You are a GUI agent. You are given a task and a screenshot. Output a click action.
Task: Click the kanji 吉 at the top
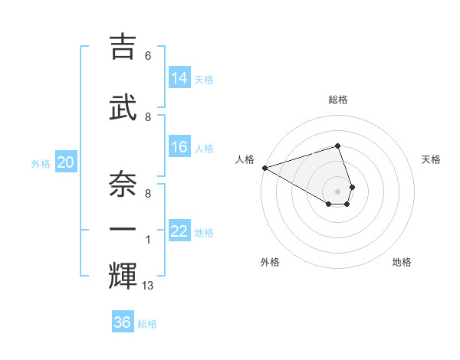123,47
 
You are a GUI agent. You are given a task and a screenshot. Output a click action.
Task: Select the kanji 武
123,108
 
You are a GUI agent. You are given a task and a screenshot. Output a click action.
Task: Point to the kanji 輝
123,275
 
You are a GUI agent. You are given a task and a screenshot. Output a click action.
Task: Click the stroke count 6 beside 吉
147,56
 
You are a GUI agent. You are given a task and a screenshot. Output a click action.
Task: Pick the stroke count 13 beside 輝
149,286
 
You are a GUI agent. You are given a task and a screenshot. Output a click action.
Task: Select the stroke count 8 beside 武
147,116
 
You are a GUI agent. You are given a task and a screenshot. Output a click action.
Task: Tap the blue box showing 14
179,77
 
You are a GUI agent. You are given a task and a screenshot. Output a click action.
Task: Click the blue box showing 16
179,147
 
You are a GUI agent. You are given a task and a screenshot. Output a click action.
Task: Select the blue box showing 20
66,162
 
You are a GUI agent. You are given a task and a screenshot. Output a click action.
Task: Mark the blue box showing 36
123,322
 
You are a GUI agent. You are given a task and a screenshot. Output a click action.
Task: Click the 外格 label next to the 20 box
41,163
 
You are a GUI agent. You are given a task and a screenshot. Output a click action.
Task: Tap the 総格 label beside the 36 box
147,324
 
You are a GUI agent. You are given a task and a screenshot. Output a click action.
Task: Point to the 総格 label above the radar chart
337,100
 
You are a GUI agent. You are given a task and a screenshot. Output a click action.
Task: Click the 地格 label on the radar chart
402,262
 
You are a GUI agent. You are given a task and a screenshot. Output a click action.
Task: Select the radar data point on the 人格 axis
264,168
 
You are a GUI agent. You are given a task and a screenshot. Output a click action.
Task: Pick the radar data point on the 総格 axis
337,146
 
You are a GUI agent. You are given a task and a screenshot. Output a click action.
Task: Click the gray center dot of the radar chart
337,191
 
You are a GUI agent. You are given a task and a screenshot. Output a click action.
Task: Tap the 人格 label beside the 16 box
204,149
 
